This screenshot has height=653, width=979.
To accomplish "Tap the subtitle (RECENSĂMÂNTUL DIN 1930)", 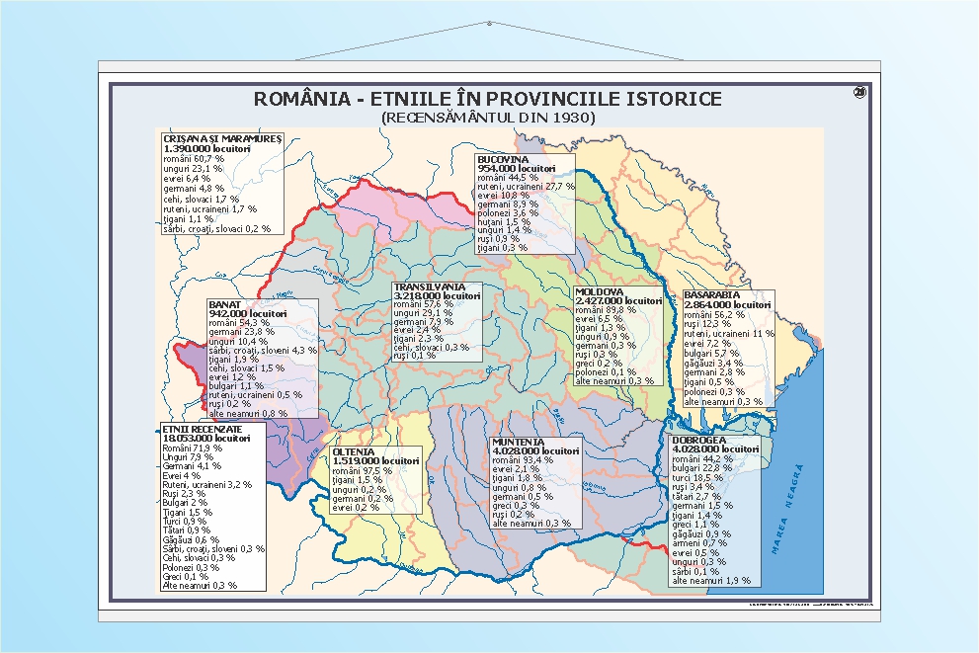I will [488, 117].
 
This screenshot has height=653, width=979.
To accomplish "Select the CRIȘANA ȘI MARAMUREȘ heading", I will [222, 138].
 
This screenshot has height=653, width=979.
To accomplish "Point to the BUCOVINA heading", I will [503, 159].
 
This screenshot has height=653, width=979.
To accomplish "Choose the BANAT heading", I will [225, 304].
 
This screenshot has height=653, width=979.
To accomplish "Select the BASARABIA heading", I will [712, 295].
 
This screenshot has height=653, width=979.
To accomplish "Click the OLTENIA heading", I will [355, 451].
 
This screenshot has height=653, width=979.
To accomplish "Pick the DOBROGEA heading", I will [699, 440].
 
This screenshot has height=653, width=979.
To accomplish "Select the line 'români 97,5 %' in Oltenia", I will [366, 470].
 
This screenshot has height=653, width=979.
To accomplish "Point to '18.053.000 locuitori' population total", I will [206, 439].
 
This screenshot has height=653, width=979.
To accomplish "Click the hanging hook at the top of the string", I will [489, 23].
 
